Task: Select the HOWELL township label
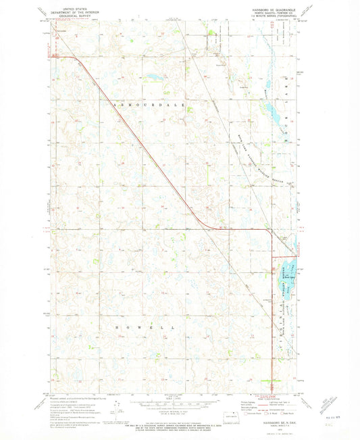pos(148,326)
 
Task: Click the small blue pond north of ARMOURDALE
pos(153,78)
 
